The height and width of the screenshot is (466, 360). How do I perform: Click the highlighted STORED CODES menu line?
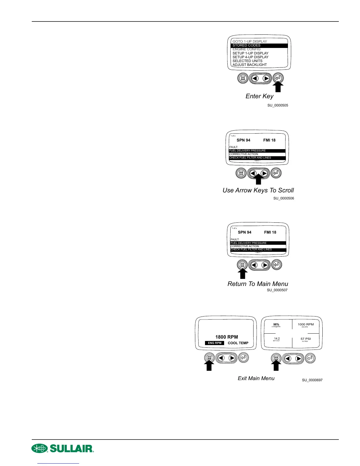point(259,46)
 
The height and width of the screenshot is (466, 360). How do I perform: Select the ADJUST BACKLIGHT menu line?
point(250,65)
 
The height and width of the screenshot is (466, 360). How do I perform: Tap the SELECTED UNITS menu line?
point(247,61)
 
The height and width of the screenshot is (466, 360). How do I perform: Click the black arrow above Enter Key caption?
point(278,87)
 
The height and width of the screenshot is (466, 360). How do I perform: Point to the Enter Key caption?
point(259,96)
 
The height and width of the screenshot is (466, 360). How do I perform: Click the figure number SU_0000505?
point(278,105)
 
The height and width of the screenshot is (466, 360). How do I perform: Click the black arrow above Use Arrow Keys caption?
point(258,179)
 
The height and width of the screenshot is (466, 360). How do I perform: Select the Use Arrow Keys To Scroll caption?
point(258,190)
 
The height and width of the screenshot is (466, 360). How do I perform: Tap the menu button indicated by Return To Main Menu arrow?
point(242,265)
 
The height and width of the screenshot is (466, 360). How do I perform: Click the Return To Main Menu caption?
point(258,284)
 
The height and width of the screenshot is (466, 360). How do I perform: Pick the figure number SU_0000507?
point(277,290)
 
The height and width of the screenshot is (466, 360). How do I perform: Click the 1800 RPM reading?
point(226,337)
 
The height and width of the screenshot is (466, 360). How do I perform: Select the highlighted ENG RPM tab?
point(214,343)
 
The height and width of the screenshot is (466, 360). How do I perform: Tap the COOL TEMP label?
point(238,343)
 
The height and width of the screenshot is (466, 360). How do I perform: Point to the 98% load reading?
point(276,324)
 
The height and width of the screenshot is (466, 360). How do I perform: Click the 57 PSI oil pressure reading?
point(306,339)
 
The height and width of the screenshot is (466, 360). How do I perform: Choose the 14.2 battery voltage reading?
point(277,339)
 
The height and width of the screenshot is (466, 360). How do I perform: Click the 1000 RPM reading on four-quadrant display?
point(306,324)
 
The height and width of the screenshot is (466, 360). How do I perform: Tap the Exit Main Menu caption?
point(256,378)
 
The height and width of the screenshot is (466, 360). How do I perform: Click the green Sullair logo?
point(63,448)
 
